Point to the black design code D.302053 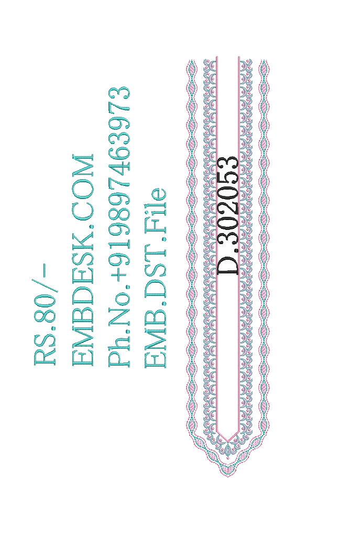point(227,216)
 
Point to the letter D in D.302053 point(227,265)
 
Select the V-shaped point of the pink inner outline point(228,440)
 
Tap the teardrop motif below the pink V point point(228,449)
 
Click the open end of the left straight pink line point(217,57)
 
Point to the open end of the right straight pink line point(239,57)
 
